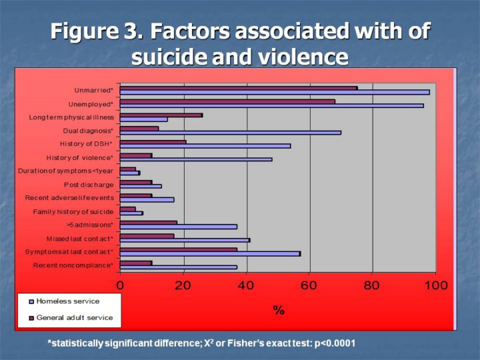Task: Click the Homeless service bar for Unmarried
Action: tap(275, 92)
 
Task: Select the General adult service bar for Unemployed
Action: tap(227, 101)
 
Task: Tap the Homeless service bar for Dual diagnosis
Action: tap(230, 132)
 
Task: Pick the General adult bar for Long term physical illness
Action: tap(161, 115)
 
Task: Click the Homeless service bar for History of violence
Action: tap(196, 159)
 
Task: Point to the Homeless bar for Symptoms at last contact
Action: tap(210, 253)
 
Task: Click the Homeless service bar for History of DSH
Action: tap(205, 145)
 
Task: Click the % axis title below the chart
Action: tap(278, 310)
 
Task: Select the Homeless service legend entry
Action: tap(67, 301)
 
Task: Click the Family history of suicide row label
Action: tap(74, 212)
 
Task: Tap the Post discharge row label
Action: tap(89, 185)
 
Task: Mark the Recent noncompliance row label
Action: tap(73, 266)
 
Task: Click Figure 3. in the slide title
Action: tap(98, 31)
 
